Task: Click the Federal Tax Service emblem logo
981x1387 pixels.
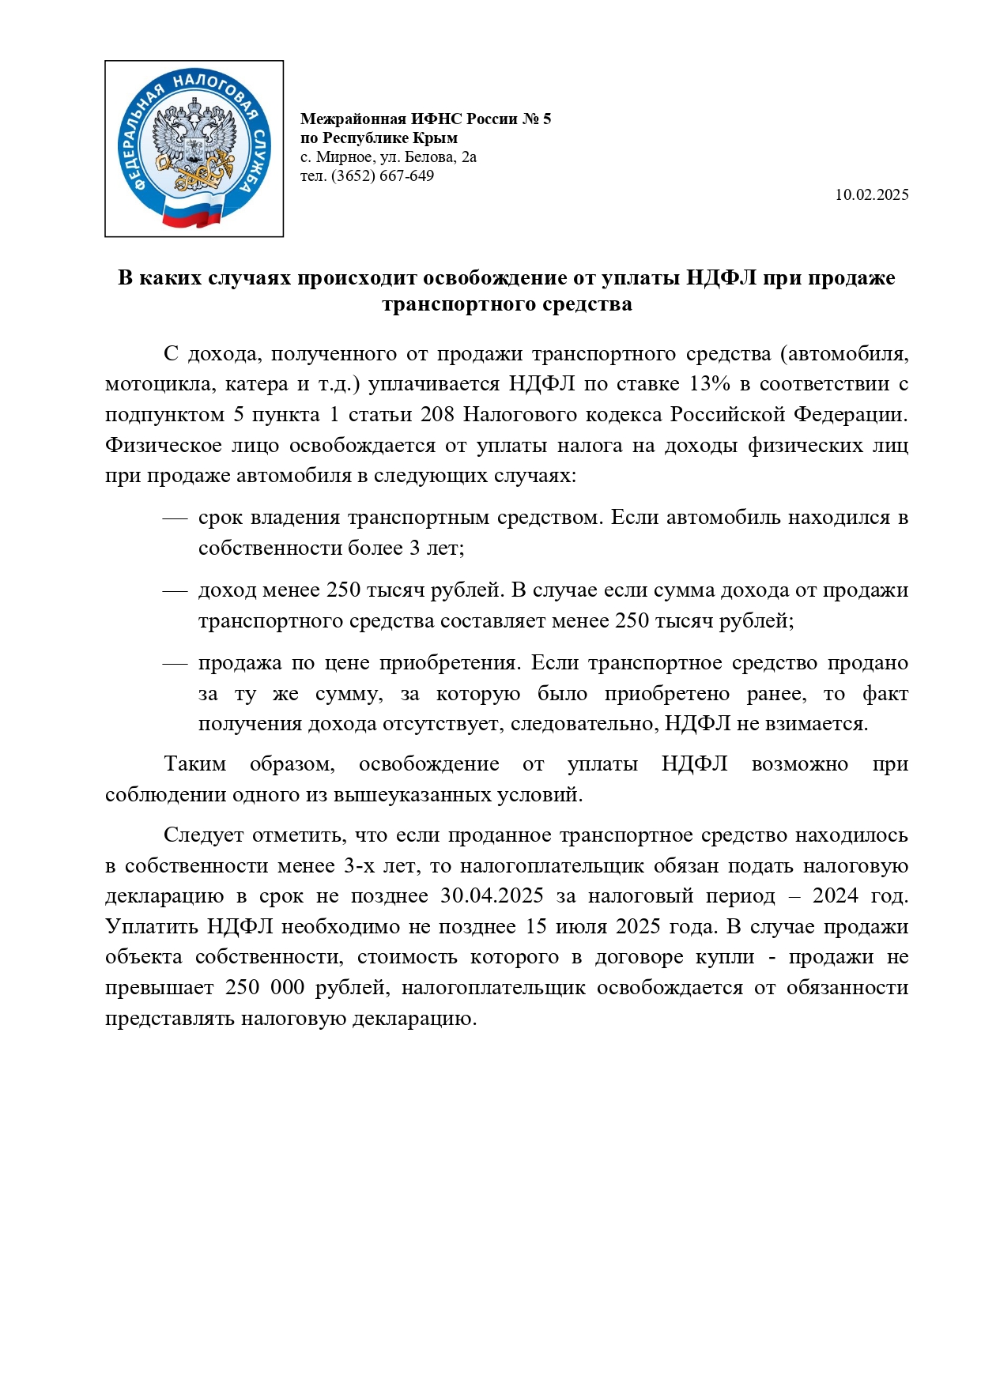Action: coord(194,149)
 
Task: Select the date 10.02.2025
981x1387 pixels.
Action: coord(871,194)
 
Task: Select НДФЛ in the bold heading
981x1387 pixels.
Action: coord(721,278)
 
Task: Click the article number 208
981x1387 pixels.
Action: coord(437,414)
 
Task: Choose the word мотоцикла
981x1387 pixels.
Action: coord(160,383)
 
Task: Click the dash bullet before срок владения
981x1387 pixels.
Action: coord(174,518)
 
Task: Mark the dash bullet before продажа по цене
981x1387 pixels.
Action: coord(174,663)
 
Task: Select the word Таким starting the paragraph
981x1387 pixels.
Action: coord(194,763)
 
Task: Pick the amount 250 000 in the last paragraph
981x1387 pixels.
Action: coord(265,987)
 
